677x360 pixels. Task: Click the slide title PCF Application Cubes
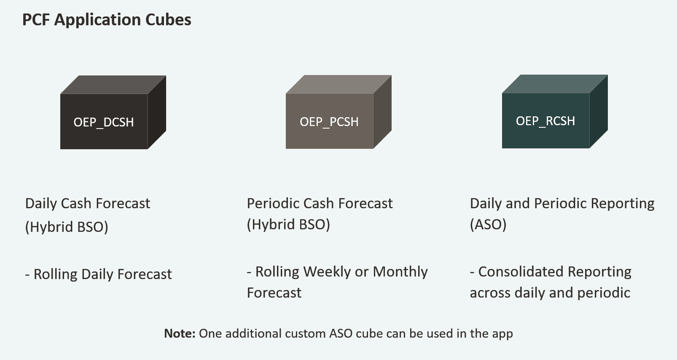pos(107,20)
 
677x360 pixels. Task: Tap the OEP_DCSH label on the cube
pos(104,122)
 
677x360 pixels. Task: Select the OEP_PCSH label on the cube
pos(329,122)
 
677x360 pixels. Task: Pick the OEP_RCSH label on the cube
pos(545,121)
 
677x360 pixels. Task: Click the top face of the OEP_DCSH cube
pos(113,85)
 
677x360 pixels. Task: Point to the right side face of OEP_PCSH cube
pos(382,112)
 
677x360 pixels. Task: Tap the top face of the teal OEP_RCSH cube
pos(555,84)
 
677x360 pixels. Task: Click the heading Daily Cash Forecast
pos(88,204)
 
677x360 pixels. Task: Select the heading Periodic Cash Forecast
pos(320,204)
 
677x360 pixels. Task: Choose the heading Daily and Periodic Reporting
pos(562,204)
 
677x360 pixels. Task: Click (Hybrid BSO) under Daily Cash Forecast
pos(67,227)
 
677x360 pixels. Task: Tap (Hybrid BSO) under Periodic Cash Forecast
pos(288,225)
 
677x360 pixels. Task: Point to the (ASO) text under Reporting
pos(488,225)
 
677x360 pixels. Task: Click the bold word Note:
pos(180,333)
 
